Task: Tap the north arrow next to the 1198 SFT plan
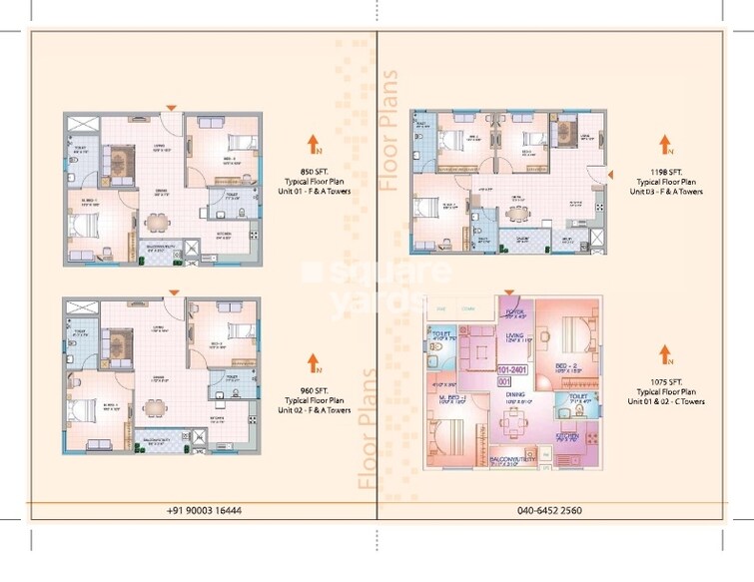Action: pos(662,144)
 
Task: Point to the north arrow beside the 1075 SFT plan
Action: pos(663,354)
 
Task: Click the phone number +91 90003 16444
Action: pos(204,510)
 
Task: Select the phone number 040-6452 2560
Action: pos(550,510)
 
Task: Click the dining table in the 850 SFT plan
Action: pos(154,222)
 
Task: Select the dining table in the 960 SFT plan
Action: pos(154,406)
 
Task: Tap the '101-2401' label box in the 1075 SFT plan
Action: pos(510,368)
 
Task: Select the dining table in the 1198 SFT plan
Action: pos(514,212)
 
